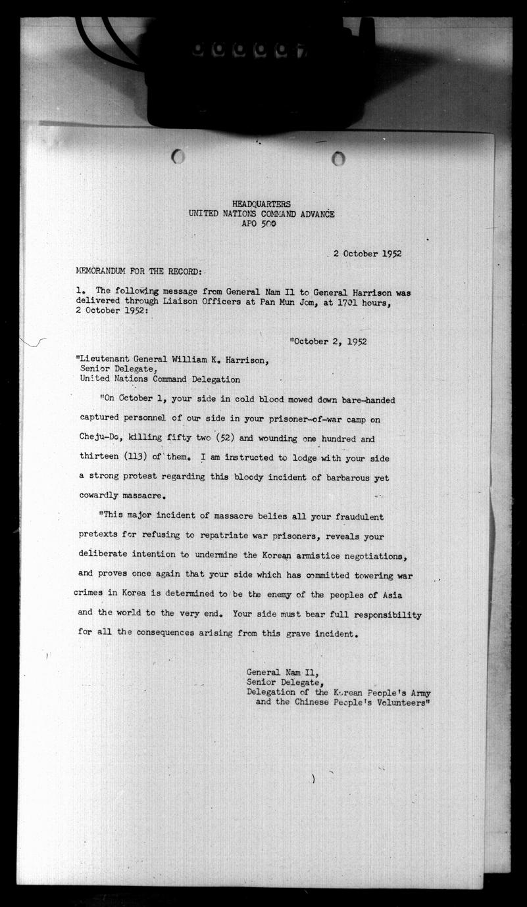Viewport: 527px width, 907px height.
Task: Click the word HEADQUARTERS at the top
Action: pyautogui.click(x=261, y=204)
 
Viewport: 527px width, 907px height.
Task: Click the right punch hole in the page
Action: pyautogui.click(x=338, y=158)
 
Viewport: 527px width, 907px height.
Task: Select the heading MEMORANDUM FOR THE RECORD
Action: pyautogui.click(x=141, y=271)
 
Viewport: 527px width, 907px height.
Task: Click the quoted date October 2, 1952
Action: pyautogui.click(x=330, y=341)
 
